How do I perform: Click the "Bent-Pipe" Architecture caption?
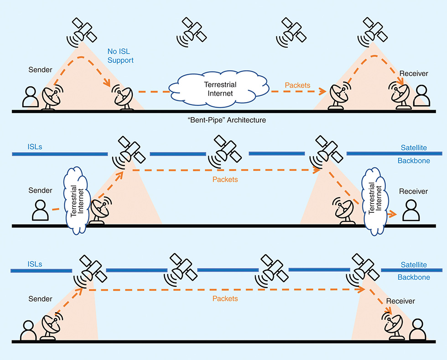click(223, 120)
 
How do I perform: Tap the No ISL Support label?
click(121, 56)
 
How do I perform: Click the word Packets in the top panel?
click(297, 85)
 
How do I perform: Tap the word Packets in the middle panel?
click(225, 180)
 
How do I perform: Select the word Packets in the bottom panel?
click(225, 298)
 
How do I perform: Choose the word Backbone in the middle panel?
click(414, 161)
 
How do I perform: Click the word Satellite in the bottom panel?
click(414, 265)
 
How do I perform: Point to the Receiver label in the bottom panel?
click(400, 301)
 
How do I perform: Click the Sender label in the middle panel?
click(40, 190)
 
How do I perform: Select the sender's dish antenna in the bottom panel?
click(51, 327)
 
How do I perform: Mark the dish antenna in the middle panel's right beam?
click(343, 211)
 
